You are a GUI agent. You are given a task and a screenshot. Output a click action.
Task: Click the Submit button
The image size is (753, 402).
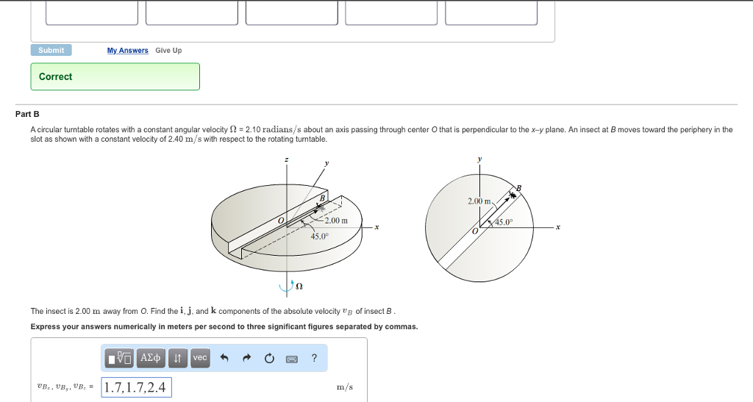(x=51, y=50)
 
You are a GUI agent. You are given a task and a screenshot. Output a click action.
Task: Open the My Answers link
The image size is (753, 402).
(x=127, y=50)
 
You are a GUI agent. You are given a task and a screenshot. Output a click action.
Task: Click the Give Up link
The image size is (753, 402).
(x=168, y=50)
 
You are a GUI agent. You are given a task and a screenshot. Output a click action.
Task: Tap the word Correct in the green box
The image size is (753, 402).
(x=56, y=76)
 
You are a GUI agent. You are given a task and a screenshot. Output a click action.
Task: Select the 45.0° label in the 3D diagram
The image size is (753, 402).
(x=318, y=236)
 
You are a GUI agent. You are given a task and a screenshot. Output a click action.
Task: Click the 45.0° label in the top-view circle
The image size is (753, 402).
(x=504, y=222)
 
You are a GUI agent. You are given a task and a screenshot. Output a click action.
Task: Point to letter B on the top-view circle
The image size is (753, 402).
(x=518, y=189)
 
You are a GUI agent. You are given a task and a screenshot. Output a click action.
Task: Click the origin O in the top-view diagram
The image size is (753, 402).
(x=475, y=231)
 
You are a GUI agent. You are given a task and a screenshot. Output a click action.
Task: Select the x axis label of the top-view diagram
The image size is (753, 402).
(x=557, y=228)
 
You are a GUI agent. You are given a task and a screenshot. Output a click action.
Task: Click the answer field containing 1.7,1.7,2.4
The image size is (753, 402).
(x=136, y=387)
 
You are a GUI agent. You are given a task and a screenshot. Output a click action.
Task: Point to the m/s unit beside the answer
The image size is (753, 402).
(x=343, y=387)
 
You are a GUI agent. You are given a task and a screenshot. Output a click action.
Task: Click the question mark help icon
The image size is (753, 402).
(x=314, y=358)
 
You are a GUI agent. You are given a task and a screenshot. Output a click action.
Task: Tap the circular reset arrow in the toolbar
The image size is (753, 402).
(x=269, y=359)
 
